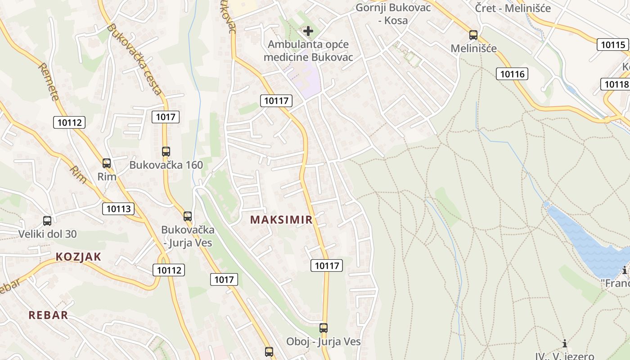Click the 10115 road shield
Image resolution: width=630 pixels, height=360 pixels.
pyautogui.click(x=613, y=45)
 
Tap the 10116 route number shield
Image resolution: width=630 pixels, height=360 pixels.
pyautogui.click(x=512, y=74)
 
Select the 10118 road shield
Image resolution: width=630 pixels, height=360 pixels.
pyautogui.click(x=616, y=84)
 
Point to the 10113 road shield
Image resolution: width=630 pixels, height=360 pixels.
pyautogui.click(x=119, y=209)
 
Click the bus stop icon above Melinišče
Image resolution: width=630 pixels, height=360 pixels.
pyautogui.click(x=473, y=35)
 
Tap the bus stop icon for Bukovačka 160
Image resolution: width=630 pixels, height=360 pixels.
pyautogui.click(x=166, y=152)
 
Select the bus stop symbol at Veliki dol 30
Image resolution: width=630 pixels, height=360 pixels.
pyautogui.click(x=47, y=221)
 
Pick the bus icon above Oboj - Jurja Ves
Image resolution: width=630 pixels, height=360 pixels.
pyautogui.click(x=324, y=328)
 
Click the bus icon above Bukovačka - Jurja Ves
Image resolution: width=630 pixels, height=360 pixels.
pyautogui.click(x=188, y=216)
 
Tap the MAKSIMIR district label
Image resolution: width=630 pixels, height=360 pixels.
pyautogui.click(x=281, y=220)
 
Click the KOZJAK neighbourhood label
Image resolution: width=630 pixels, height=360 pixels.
pyautogui.click(x=78, y=257)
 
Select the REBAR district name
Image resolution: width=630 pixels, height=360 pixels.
pyautogui.click(x=48, y=315)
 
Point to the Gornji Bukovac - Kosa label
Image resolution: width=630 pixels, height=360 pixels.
pyautogui.click(x=393, y=14)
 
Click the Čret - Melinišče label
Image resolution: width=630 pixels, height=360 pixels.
pyautogui.click(x=513, y=8)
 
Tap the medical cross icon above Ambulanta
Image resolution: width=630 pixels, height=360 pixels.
pyautogui.click(x=308, y=31)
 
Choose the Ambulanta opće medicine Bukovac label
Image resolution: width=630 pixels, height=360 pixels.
pyautogui.click(x=308, y=51)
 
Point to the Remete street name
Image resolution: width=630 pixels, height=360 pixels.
pyautogui.click(x=49, y=81)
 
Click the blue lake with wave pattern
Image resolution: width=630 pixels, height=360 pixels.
pyautogui.click(x=589, y=243)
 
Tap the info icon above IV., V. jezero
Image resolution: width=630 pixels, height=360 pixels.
pyautogui.click(x=565, y=344)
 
